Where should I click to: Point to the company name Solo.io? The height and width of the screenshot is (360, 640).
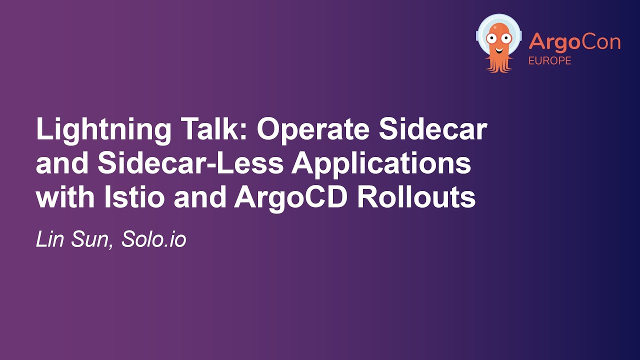(154, 240)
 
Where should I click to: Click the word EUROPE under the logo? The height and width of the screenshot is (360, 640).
(550, 60)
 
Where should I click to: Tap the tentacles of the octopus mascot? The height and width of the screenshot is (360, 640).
(498, 64)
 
